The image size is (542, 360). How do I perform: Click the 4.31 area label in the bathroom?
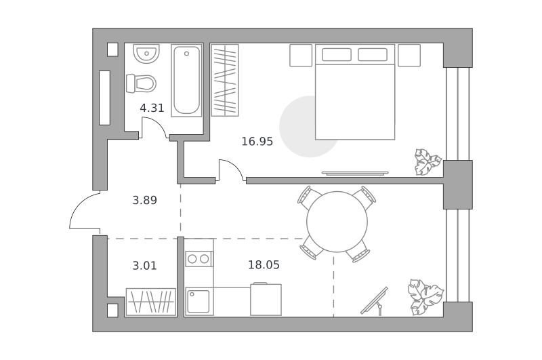(152, 108)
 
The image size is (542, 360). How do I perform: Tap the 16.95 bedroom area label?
(257, 142)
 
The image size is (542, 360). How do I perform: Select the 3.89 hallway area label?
(144, 200)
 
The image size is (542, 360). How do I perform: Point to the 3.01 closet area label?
(144, 266)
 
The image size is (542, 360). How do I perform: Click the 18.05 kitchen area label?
(264, 265)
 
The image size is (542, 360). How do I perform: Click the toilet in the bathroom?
(141, 83)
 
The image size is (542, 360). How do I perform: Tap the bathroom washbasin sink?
(146, 54)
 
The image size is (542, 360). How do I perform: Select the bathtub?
(187, 80)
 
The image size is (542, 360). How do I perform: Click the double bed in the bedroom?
(355, 92)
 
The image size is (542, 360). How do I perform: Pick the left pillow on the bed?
(336, 55)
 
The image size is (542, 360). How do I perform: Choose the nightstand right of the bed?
(409, 56)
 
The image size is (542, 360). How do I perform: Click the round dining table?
(337, 222)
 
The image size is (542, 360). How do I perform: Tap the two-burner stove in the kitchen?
(199, 259)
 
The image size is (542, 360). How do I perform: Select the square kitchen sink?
(199, 302)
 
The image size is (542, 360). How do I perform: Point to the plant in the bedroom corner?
(428, 162)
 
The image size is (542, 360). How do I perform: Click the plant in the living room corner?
(425, 297)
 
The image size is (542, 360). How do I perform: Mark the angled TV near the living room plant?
(375, 301)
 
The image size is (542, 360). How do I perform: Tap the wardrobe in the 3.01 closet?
(150, 302)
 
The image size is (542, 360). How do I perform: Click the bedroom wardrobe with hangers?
(225, 80)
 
